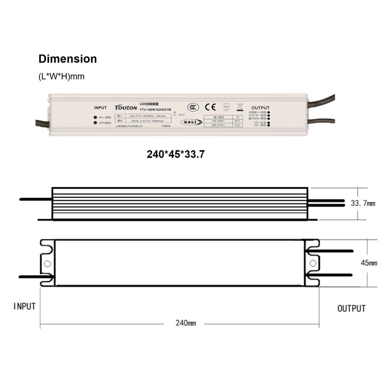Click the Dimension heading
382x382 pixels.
(67, 59)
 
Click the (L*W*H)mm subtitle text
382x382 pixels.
(62, 76)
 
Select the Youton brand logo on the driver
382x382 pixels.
(125, 107)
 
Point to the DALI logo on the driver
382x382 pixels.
(191, 122)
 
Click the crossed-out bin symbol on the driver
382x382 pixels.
(240, 107)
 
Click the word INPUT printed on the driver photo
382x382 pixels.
(100, 108)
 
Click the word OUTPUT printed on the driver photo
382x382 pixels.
(260, 108)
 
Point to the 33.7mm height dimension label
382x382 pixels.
(363, 203)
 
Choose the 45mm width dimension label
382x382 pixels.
(369, 263)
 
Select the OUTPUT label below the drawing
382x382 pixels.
(351, 308)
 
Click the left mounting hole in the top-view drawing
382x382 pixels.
(47, 263)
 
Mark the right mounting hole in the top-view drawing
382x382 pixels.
(312, 263)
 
